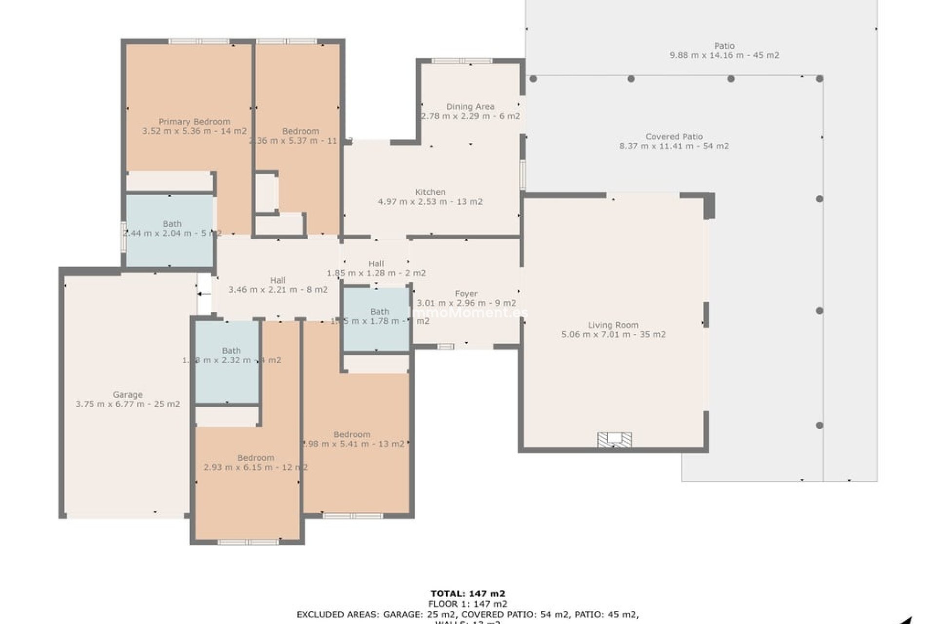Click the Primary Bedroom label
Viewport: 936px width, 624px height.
[x=194, y=121]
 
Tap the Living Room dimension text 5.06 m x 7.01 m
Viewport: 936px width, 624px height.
[x=613, y=334]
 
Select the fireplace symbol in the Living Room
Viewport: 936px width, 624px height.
[x=614, y=439]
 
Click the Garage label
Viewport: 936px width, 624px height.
[x=128, y=394]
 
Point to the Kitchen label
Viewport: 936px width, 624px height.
[x=430, y=192]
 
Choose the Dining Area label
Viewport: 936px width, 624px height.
[x=470, y=106]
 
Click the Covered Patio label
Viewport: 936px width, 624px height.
[x=674, y=136]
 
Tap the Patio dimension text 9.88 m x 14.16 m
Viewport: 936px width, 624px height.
[x=724, y=55]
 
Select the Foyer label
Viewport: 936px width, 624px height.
[x=466, y=293]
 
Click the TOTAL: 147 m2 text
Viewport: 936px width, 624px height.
[x=468, y=593]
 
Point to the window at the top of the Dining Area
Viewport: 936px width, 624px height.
[x=462, y=61]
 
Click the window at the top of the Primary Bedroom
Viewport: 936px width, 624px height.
[x=198, y=41]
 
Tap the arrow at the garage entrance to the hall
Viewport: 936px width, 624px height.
[x=204, y=294]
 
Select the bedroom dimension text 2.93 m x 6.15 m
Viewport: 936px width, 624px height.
[x=255, y=467]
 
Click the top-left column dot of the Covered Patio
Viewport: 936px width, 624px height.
[x=533, y=78]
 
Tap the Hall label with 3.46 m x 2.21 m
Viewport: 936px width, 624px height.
[x=277, y=280]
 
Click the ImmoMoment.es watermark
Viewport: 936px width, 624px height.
[x=467, y=312]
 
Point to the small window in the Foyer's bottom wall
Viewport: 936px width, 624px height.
[x=445, y=347]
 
